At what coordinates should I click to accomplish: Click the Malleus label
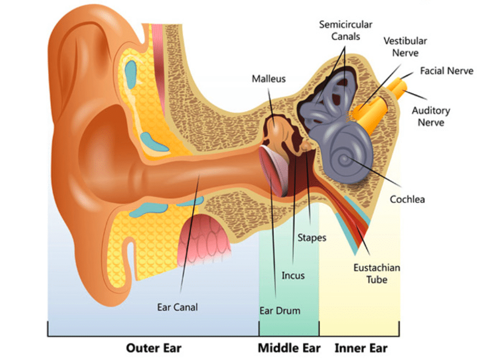tap(269, 79)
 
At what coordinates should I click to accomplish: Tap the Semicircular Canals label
tap(345, 30)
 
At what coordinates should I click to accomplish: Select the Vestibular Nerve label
tap(406, 47)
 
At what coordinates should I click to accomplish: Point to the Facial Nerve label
tap(447, 71)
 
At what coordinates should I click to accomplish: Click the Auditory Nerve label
tap(431, 116)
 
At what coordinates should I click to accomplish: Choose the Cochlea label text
tap(407, 199)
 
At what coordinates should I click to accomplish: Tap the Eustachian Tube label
tap(377, 274)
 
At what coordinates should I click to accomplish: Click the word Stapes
tap(312, 238)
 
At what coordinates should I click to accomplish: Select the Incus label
tap(293, 275)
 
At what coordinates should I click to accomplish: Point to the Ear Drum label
tap(280, 310)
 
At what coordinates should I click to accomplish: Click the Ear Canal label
tap(177, 307)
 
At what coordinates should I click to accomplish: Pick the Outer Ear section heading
tap(154, 348)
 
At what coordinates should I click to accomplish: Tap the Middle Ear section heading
tap(289, 348)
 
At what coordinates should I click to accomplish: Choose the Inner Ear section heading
tap(361, 348)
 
